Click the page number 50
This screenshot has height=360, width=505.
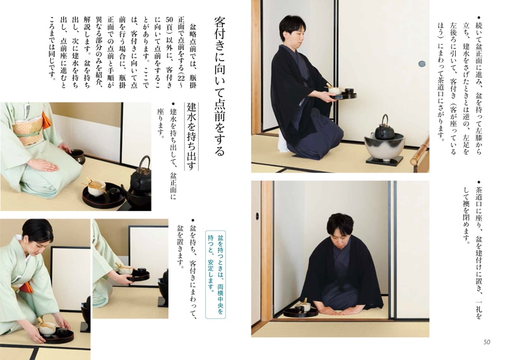coord(486,342)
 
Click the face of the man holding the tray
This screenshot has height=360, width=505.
coord(293,35)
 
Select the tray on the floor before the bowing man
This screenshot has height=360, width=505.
coord(300,310)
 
